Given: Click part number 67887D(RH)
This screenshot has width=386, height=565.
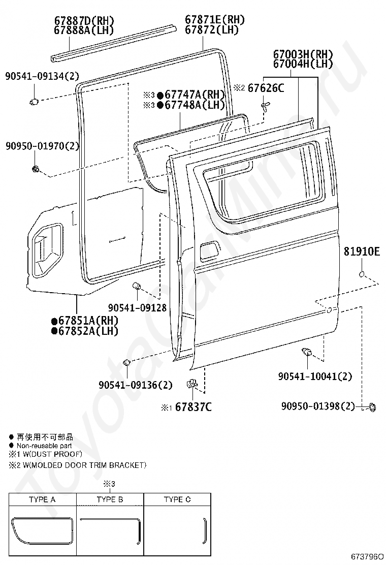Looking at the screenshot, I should (84, 21).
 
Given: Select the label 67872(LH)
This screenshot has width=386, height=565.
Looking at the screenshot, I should (212, 30).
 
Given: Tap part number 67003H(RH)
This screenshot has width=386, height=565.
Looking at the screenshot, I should (303, 54).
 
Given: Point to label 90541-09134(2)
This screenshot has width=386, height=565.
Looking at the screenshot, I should (42, 77).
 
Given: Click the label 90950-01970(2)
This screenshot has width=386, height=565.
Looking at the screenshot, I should (43, 146).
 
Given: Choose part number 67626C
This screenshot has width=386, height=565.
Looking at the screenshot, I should (266, 88).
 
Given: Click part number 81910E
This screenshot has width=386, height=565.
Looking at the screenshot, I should (362, 251).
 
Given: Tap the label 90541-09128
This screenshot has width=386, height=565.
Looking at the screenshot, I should (137, 308).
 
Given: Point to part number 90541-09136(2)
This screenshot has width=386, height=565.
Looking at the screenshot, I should (136, 385).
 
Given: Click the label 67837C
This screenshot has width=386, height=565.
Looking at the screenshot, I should (194, 407).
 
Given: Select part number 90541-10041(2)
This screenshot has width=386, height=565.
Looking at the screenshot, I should (315, 376).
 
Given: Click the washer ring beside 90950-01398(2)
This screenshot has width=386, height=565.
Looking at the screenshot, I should (372, 406).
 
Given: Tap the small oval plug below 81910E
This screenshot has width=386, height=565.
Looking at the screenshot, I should (362, 274).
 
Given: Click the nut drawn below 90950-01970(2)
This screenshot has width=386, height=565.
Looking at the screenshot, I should (36, 168).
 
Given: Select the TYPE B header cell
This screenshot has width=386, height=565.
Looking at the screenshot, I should (110, 499).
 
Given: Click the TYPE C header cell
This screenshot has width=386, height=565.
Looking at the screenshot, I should (177, 499).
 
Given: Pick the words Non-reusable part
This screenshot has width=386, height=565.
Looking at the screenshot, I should (44, 446).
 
